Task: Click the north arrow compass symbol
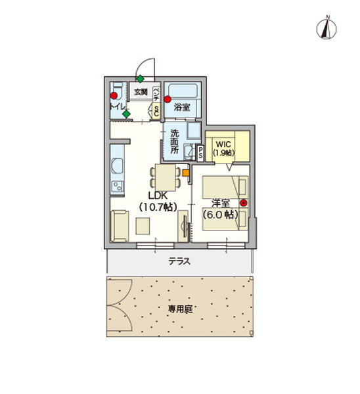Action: (x=326, y=28)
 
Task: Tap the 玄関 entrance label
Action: (x=141, y=92)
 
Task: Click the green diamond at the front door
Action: (x=140, y=79)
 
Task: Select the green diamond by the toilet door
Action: (x=126, y=114)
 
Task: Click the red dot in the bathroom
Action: (x=168, y=100)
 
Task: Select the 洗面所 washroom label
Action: (x=175, y=141)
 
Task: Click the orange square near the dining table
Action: (x=186, y=173)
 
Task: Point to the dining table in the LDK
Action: (x=164, y=177)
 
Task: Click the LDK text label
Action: (x=158, y=196)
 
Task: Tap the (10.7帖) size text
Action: (x=158, y=206)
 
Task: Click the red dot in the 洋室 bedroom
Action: (x=243, y=202)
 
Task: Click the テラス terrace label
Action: (x=179, y=261)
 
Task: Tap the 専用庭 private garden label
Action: (x=179, y=307)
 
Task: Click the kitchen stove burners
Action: (x=118, y=186)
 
